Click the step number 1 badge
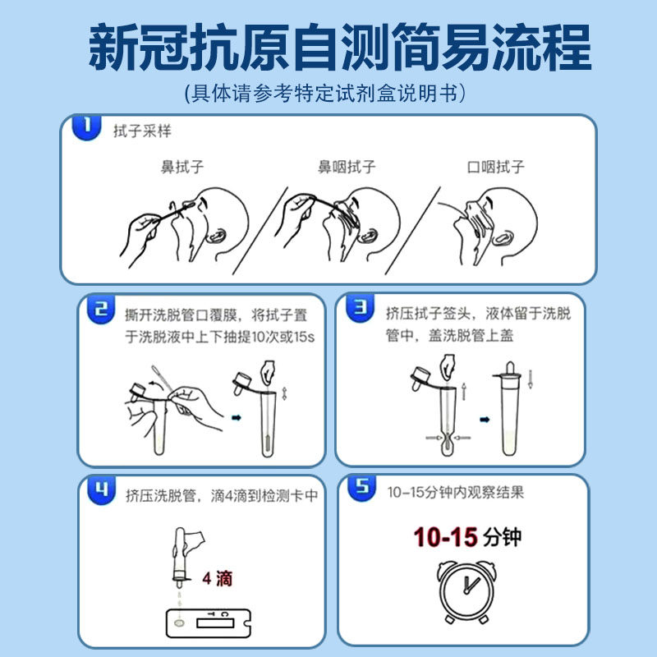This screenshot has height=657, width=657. click(x=87, y=127)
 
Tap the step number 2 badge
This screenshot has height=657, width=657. click(x=100, y=310)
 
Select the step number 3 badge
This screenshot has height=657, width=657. click(x=360, y=307)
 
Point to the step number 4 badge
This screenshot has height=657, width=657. click(x=101, y=489)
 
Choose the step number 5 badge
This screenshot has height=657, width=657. click(x=362, y=487)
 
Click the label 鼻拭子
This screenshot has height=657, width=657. click(x=182, y=167)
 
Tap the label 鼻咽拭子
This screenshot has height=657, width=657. click(x=347, y=167)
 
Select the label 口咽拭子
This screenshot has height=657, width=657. click(x=496, y=167)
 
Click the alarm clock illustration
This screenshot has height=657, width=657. click(x=466, y=591)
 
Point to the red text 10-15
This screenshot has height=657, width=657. click(x=445, y=537)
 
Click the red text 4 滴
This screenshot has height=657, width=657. click(x=217, y=579)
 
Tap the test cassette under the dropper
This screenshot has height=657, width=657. click(x=209, y=623)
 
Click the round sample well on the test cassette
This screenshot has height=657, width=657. click(x=179, y=623)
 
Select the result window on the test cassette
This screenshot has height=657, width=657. click(x=215, y=624)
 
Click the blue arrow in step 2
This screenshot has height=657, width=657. click(x=237, y=417)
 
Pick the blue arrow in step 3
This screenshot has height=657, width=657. click(x=485, y=420)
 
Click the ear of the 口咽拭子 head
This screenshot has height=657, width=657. click(x=503, y=238)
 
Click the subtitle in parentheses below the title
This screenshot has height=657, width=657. click(x=324, y=93)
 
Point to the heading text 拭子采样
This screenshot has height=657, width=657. click(x=142, y=131)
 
